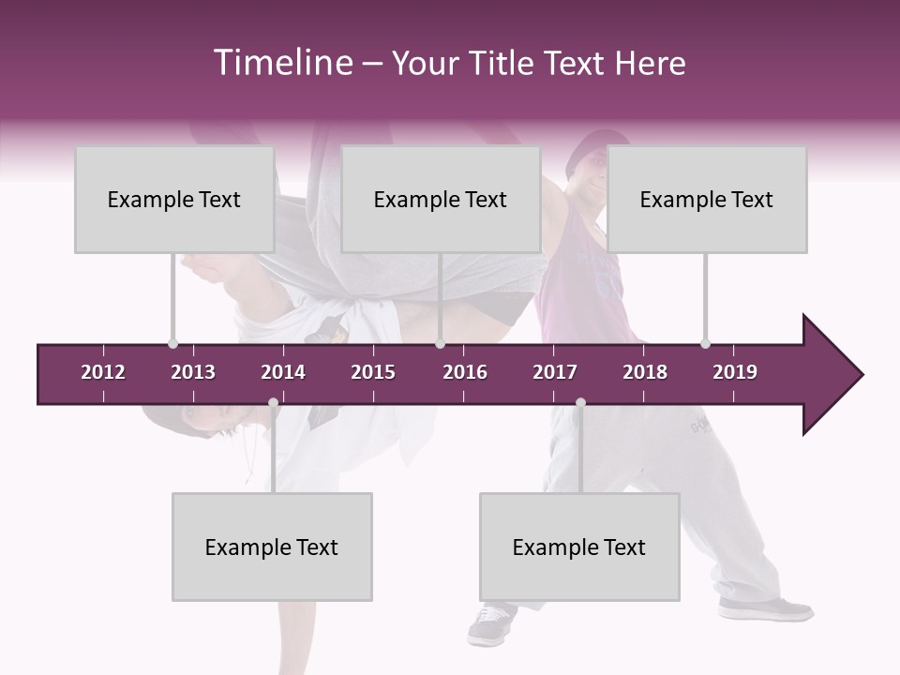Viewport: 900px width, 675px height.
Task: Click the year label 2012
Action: click(x=103, y=372)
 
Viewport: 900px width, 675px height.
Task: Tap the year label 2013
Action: click(x=193, y=372)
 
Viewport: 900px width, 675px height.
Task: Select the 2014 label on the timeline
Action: click(x=283, y=372)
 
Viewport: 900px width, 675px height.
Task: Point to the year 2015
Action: click(x=373, y=372)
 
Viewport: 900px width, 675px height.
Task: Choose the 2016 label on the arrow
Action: click(x=465, y=372)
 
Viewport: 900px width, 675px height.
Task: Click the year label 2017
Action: click(x=555, y=372)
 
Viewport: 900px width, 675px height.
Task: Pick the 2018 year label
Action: click(x=645, y=372)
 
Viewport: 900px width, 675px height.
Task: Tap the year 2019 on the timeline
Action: click(x=735, y=372)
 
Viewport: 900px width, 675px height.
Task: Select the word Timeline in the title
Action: click(x=282, y=63)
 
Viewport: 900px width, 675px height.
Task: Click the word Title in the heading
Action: click(x=504, y=63)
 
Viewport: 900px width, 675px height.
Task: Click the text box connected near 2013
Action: click(x=174, y=200)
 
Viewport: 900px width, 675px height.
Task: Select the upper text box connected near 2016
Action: click(x=441, y=200)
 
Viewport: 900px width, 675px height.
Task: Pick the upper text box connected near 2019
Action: click(x=707, y=200)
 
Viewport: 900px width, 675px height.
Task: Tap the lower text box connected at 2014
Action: click(x=272, y=547)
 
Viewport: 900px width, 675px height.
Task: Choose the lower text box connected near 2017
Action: click(x=579, y=547)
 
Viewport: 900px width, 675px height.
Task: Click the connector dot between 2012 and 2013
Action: click(x=172, y=343)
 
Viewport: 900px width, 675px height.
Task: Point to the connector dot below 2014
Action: click(x=273, y=403)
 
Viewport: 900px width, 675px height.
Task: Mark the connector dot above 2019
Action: click(x=705, y=343)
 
